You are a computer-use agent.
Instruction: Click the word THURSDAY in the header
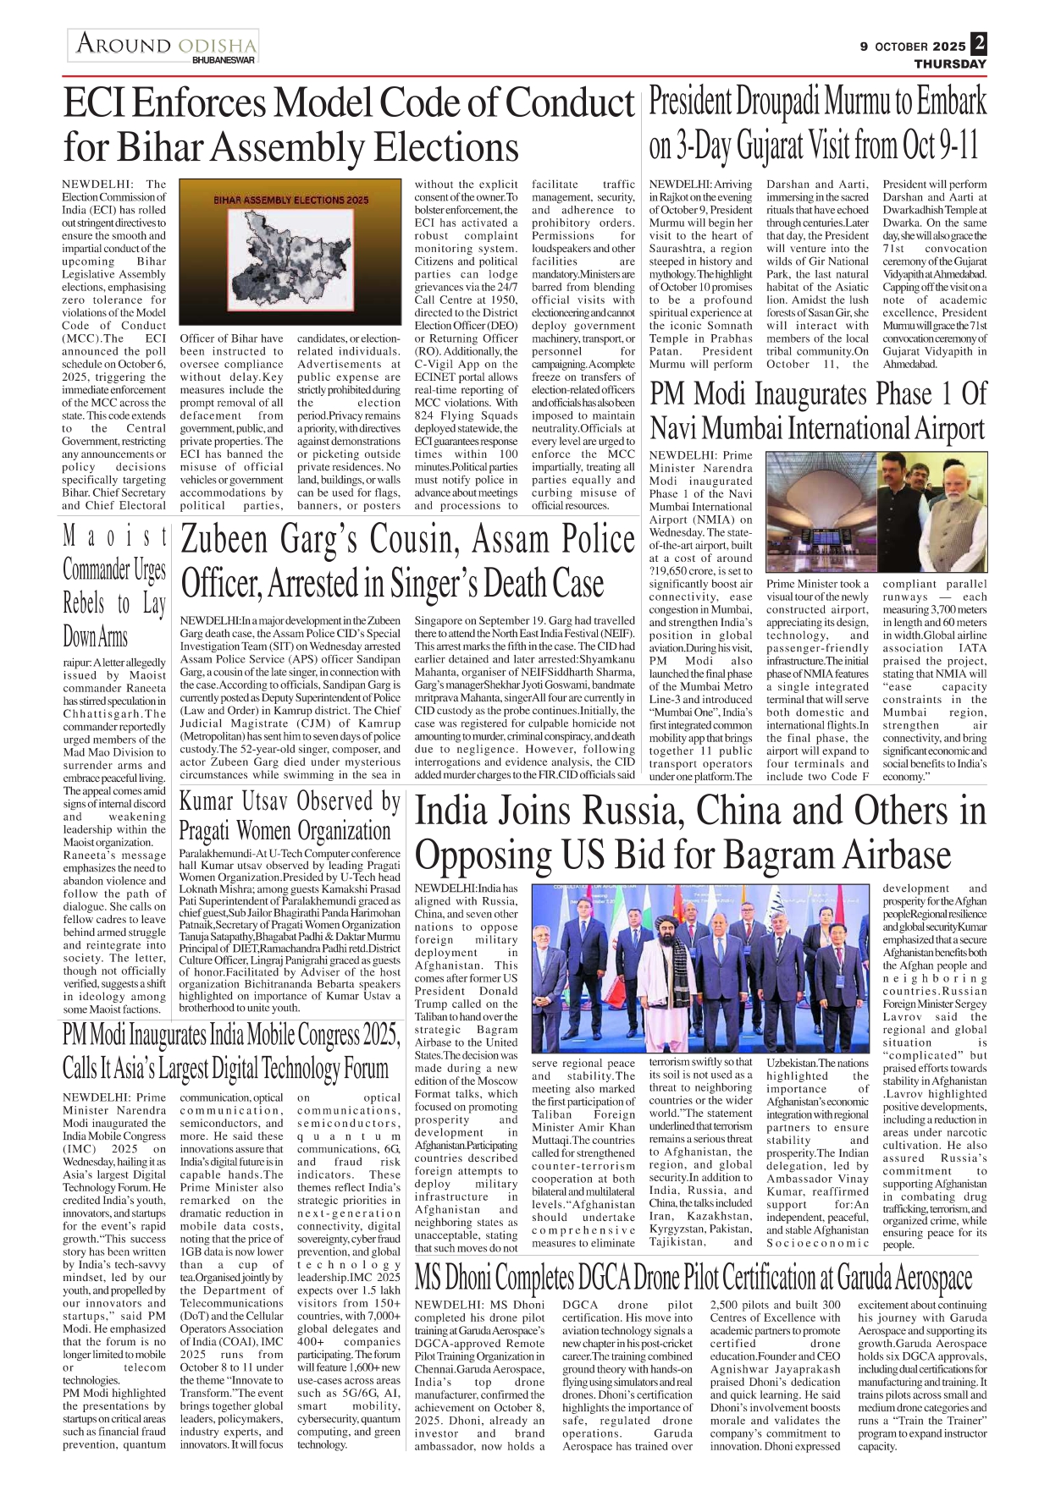[950, 63]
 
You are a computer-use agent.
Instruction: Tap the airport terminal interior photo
[820, 512]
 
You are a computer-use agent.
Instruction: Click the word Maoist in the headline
[115, 536]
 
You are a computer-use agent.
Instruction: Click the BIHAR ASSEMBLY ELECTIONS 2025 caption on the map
[290, 201]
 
